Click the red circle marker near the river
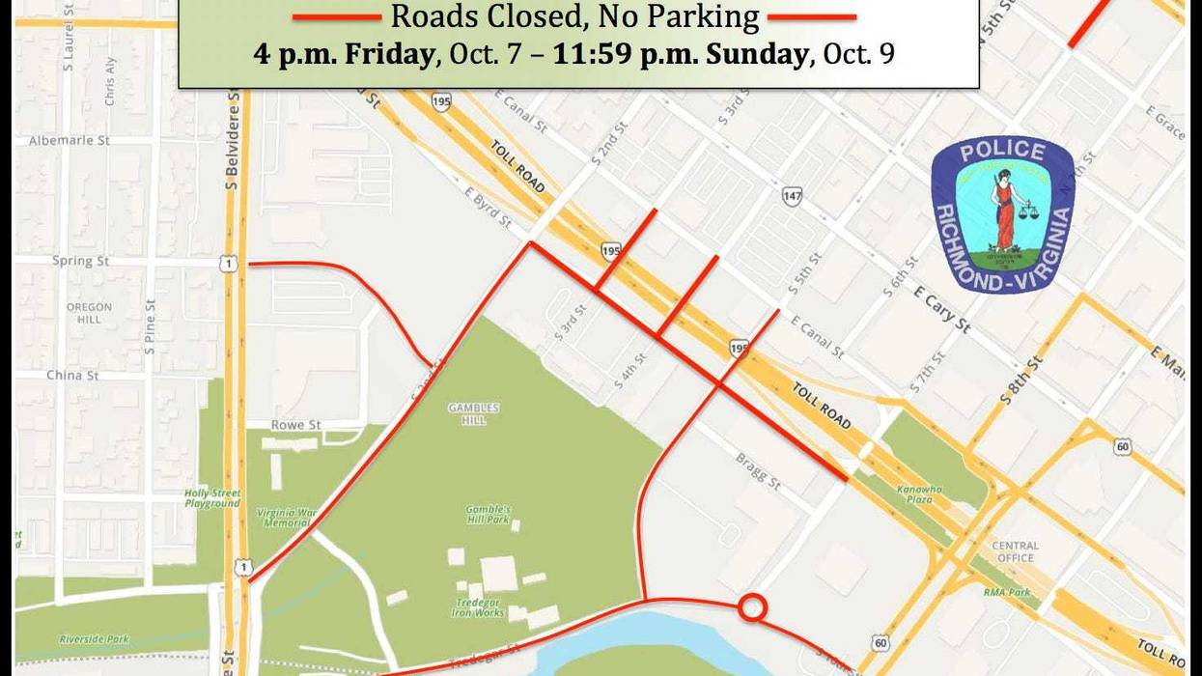coord(753,607)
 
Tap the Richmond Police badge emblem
coord(1002,214)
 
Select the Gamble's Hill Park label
coord(488,514)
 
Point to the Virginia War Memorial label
coord(286,518)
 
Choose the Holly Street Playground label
coord(212,498)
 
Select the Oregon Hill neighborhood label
coord(89,313)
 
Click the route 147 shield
coord(793,197)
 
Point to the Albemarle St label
coord(70,140)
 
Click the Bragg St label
coord(758,471)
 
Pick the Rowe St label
coord(295,425)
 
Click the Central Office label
coord(1015,551)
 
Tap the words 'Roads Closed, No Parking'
coord(574,15)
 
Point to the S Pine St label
coord(150,328)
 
